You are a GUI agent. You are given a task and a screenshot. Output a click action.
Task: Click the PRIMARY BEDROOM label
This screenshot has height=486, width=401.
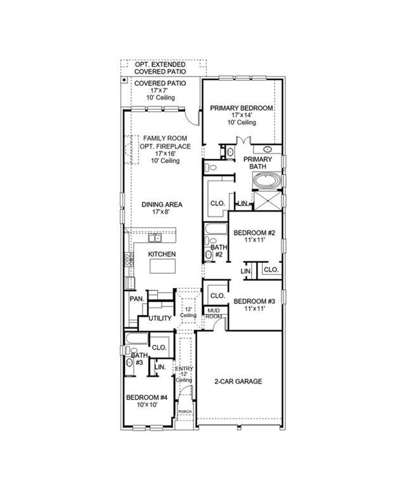(241, 108)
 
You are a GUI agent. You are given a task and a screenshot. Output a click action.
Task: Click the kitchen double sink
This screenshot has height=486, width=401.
(155, 238)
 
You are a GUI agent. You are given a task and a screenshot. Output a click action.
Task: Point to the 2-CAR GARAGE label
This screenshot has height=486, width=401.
(238, 381)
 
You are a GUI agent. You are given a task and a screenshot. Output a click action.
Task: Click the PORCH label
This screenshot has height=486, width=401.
(185, 412)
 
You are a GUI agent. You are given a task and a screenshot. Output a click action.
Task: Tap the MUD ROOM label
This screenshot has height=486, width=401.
(214, 313)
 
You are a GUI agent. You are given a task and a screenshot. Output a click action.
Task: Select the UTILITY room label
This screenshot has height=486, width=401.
(160, 318)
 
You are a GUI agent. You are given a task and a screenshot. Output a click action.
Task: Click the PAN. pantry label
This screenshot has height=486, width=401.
(137, 299)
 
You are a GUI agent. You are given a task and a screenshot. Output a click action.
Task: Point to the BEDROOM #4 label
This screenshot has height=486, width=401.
(147, 397)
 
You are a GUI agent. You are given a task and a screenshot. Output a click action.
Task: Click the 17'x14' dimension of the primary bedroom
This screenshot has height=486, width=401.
(242, 115)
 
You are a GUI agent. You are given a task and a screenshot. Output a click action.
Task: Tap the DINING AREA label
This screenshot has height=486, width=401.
(162, 205)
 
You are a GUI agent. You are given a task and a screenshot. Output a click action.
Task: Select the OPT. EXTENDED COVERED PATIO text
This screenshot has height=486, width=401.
(160, 68)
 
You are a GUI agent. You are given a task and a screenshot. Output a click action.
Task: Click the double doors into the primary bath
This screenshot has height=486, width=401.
(243, 141)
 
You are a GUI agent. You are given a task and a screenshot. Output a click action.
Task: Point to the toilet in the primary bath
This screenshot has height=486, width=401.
(212, 168)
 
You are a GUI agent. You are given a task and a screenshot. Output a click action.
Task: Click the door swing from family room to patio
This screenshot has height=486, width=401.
(192, 117)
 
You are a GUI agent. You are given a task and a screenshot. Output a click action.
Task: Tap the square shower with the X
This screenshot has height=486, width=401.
(268, 201)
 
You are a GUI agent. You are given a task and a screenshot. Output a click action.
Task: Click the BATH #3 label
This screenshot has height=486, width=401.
(139, 359)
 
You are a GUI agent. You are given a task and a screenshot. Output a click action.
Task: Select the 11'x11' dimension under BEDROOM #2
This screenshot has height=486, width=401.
(254, 240)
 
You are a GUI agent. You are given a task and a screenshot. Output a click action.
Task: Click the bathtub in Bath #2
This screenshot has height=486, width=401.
(216, 229)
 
